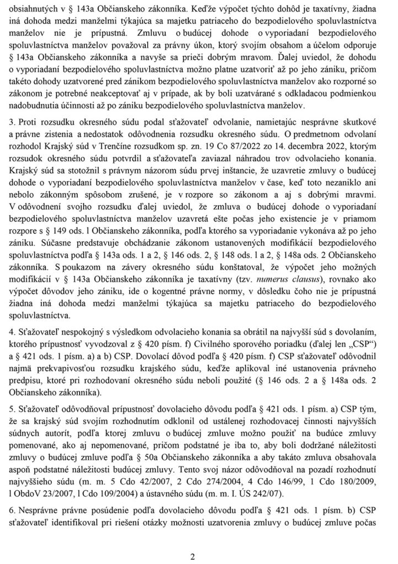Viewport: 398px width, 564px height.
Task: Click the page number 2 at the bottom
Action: click(192, 556)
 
